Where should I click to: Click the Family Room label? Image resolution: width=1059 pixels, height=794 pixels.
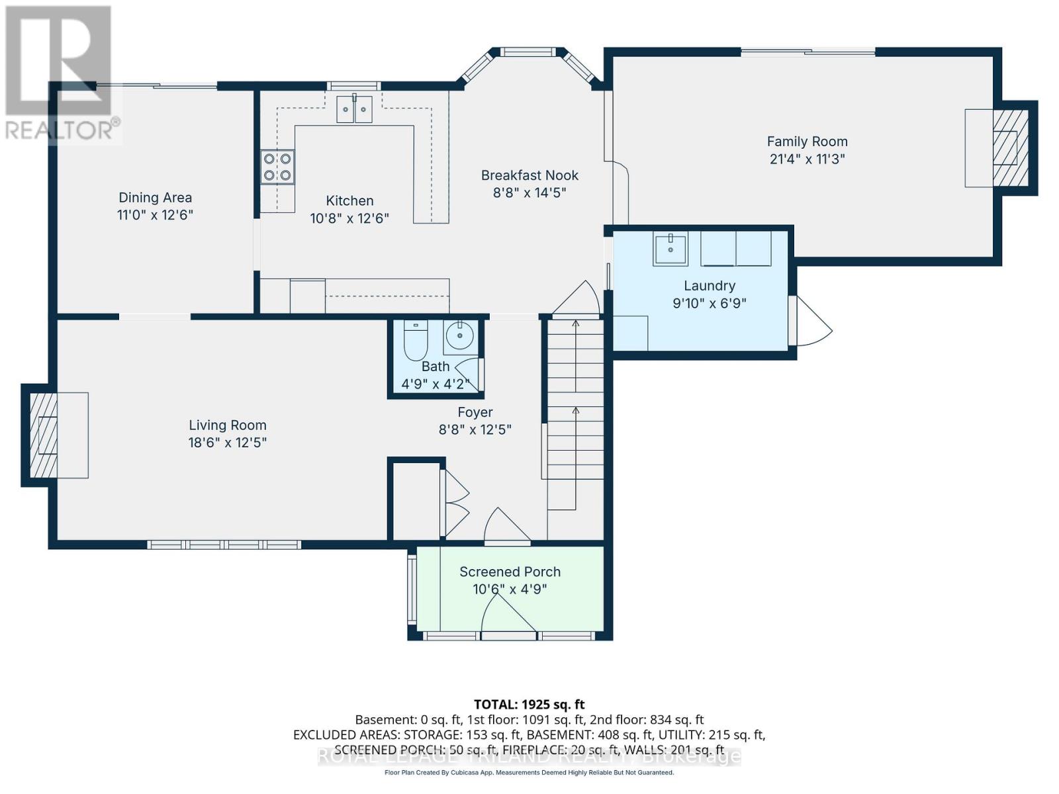[807, 142]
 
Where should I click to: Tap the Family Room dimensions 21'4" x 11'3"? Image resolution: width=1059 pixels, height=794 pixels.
[807, 159]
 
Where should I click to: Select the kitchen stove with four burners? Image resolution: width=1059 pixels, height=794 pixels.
[277, 167]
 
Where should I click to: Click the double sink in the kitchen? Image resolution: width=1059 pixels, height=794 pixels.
[354, 109]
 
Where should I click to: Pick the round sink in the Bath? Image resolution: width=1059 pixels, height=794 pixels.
[459, 337]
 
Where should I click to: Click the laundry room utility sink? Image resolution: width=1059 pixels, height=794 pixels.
[670, 249]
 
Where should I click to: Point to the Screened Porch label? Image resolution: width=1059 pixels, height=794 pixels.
[510, 572]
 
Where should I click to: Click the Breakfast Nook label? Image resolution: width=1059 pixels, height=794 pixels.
[529, 175]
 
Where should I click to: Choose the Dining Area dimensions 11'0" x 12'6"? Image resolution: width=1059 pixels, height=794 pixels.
[155, 215]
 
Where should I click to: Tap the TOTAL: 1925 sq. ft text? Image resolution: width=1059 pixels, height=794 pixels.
[529, 705]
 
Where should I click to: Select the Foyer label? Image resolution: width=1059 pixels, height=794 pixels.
[475, 412]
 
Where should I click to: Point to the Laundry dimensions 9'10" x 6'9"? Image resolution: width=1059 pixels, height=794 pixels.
[710, 304]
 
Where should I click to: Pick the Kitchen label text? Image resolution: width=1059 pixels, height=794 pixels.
[349, 200]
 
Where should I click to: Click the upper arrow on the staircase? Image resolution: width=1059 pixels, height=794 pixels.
[576, 326]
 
